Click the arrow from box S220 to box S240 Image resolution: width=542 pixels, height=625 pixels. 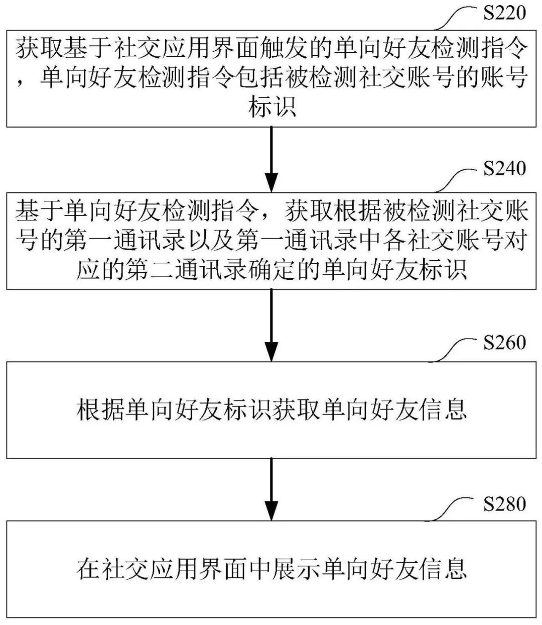(271, 158)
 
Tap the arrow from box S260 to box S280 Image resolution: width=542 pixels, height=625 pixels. (271, 490)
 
